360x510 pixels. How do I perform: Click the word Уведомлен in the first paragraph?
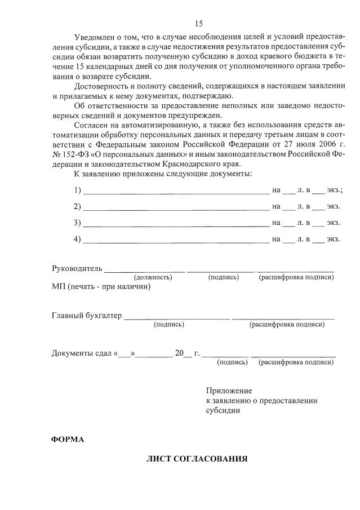tap(94, 38)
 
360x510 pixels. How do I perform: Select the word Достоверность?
tap(100, 86)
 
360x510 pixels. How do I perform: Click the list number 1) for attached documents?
tap(77, 190)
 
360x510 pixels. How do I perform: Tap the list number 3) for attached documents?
tap(77, 223)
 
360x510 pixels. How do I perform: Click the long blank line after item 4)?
tap(176, 240)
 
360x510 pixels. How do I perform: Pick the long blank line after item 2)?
tap(176, 207)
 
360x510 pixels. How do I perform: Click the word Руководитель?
tap(77, 268)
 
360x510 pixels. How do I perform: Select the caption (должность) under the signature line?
tap(153, 277)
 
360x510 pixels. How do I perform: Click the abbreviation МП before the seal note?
tap(59, 286)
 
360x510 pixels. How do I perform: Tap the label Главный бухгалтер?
tap(87, 315)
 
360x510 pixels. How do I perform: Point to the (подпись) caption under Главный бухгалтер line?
tap(169, 325)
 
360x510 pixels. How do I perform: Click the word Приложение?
tap(229, 391)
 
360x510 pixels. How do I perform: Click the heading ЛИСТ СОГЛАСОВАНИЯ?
tap(197, 459)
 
